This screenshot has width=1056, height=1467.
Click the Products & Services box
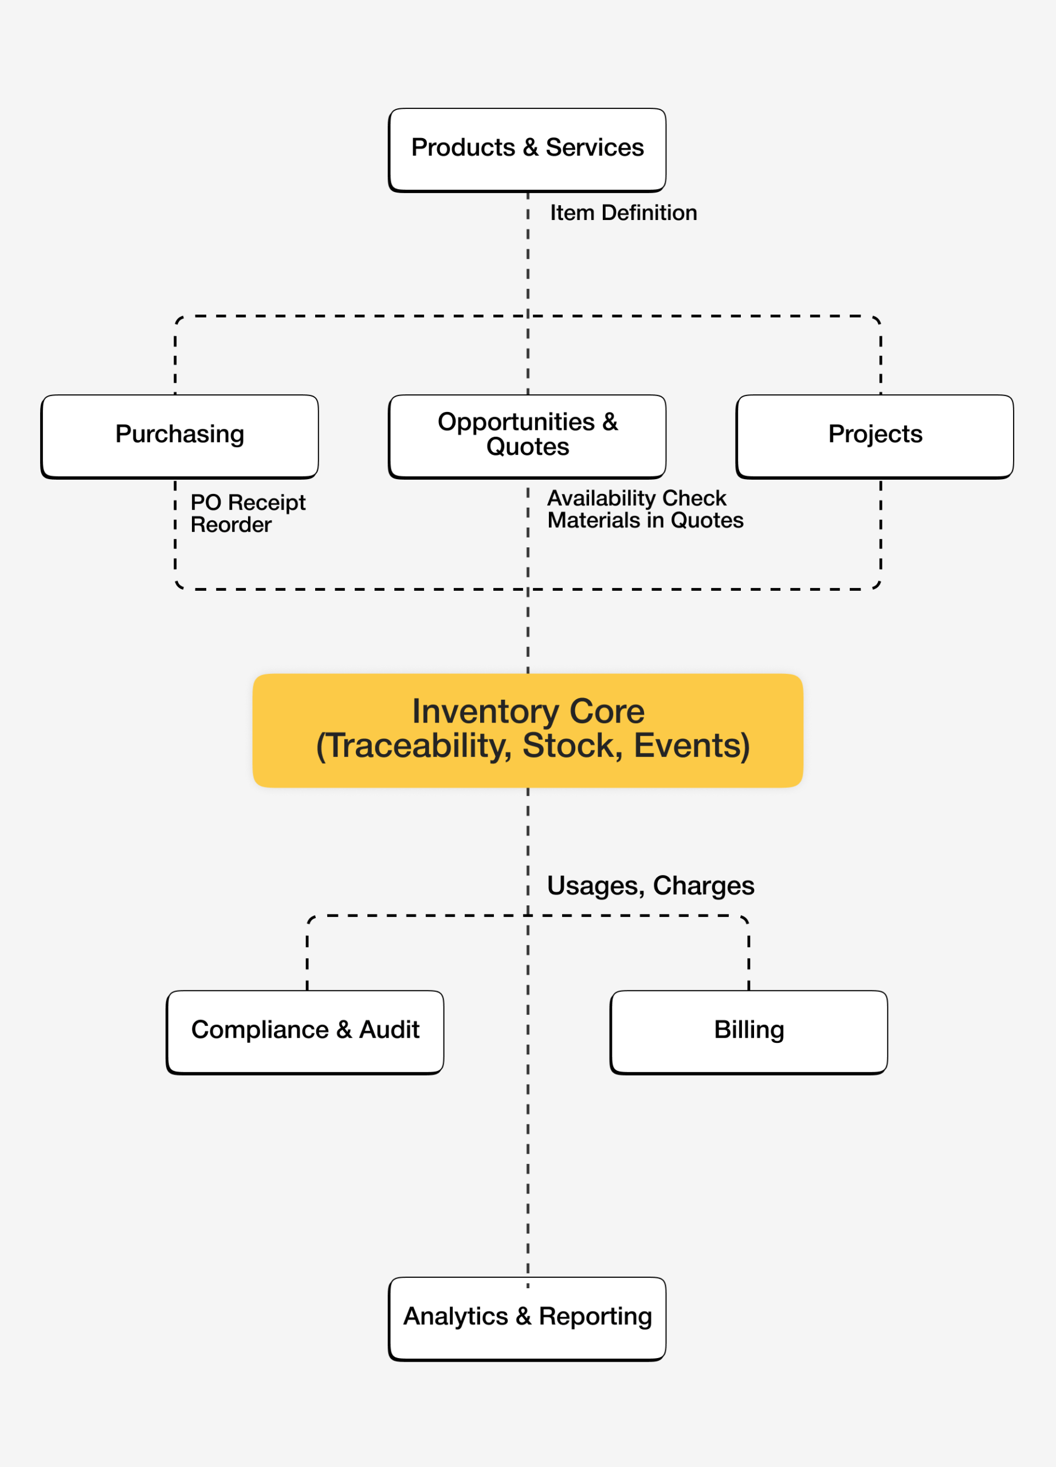(527, 150)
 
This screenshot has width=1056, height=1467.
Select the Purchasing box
(179, 437)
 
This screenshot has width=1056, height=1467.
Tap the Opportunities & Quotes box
(527, 437)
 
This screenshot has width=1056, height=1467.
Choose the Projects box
(874, 437)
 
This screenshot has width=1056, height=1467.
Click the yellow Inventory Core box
(528, 730)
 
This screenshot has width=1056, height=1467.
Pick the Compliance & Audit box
(305, 1032)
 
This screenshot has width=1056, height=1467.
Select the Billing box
(749, 1032)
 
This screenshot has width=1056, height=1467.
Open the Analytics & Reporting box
(527, 1319)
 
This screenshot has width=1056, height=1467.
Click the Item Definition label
(623, 213)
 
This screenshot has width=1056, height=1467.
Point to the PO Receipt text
(248, 503)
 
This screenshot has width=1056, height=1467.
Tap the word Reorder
(231, 524)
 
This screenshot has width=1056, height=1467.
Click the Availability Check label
(637, 498)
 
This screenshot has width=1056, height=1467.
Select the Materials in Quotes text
(645, 520)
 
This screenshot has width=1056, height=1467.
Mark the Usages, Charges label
(650, 885)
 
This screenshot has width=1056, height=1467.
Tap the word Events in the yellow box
(689, 746)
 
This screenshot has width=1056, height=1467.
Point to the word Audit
(388, 1030)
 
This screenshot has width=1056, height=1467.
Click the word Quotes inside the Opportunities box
(527, 447)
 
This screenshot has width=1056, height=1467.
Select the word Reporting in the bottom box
(595, 1316)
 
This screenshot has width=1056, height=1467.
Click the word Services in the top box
(594, 147)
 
